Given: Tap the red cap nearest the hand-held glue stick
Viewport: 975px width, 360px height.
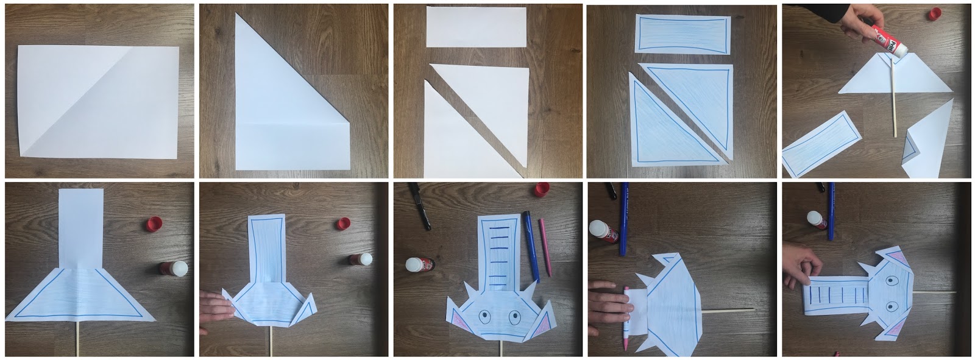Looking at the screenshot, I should coord(935,14).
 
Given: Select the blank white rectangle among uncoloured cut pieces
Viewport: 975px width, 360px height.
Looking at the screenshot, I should coord(476,27).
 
